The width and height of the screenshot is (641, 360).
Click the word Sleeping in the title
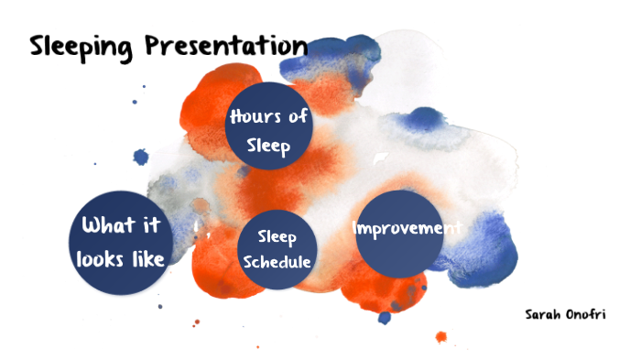(x=82, y=45)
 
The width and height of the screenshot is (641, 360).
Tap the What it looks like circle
(x=122, y=242)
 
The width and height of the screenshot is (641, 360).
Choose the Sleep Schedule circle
(x=277, y=249)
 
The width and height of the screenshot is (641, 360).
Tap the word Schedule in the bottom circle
(x=277, y=262)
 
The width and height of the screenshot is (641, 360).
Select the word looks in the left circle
(x=103, y=259)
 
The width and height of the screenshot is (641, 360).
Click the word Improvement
(x=406, y=228)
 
